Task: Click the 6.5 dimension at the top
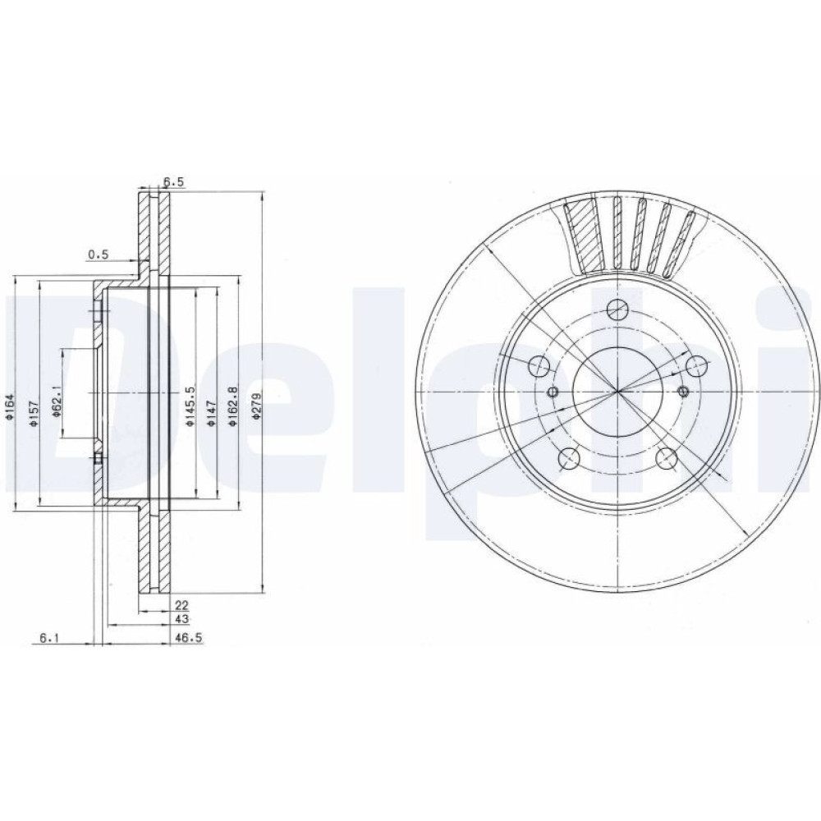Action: pos(174,181)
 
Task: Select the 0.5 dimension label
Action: pos(98,255)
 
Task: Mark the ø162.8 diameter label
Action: pos(234,406)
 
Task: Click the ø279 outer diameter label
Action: pos(256,406)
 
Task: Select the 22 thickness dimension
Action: pos(181,605)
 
